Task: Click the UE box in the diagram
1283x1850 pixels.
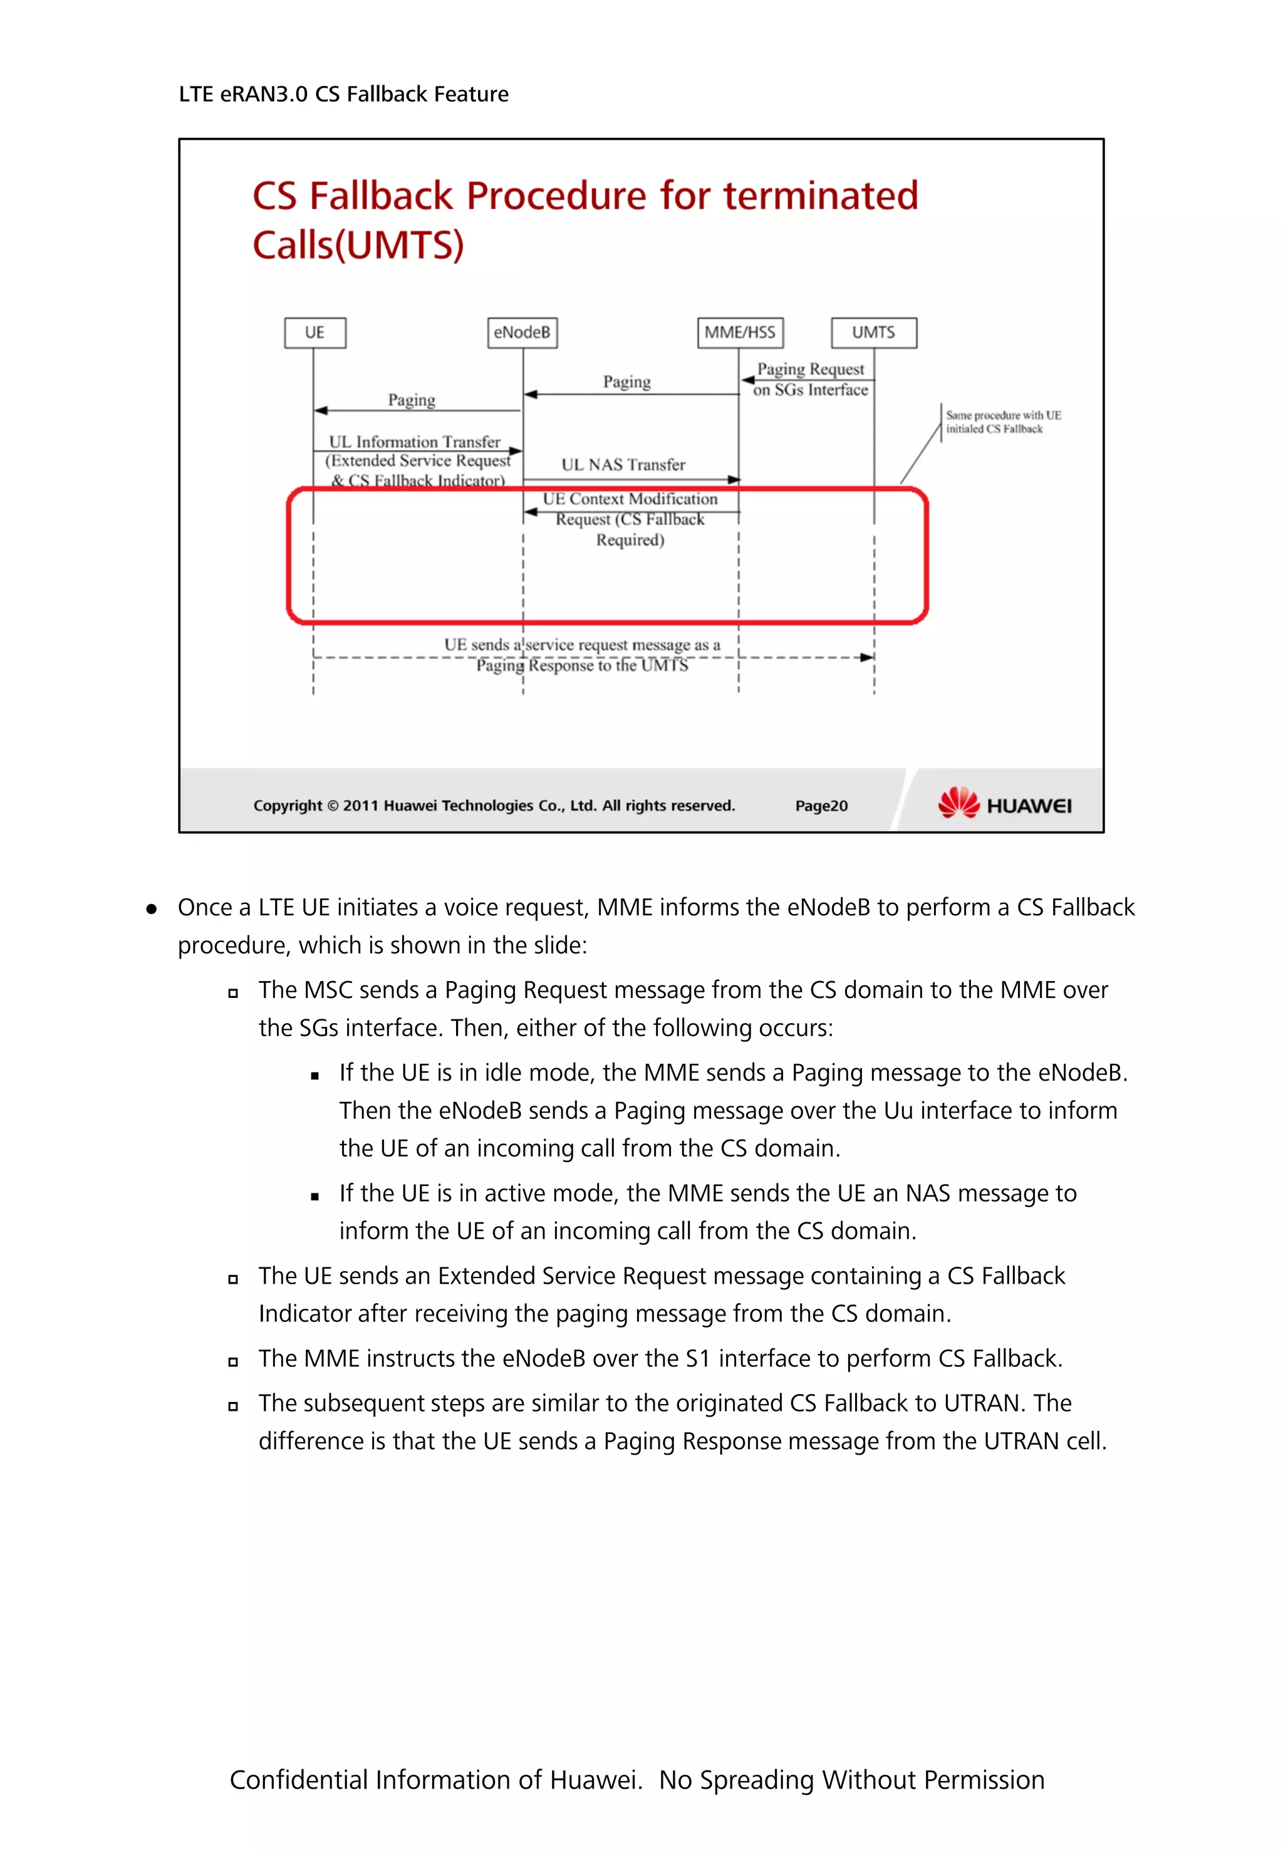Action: (314, 333)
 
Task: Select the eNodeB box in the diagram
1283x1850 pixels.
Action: (522, 333)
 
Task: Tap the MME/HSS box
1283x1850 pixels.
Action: (740, 333)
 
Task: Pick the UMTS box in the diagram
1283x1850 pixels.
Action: (873, 333)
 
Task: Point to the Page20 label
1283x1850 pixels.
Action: (821, 806)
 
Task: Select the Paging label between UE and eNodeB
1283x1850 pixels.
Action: (412, 400)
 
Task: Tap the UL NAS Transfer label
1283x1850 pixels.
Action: (623, 465)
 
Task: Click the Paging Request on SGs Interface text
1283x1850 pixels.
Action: (810, 380)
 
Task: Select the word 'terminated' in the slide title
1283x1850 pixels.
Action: (820, 196)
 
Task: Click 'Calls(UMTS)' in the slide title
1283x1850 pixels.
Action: (358, 245)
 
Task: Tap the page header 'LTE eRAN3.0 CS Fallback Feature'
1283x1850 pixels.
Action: (343, 95)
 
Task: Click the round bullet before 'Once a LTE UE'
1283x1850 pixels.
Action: (151, 909)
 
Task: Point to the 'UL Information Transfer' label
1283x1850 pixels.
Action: (414, 442)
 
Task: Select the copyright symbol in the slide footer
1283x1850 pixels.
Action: (333, 806)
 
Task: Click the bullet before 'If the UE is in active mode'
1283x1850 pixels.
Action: (315, 1197)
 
